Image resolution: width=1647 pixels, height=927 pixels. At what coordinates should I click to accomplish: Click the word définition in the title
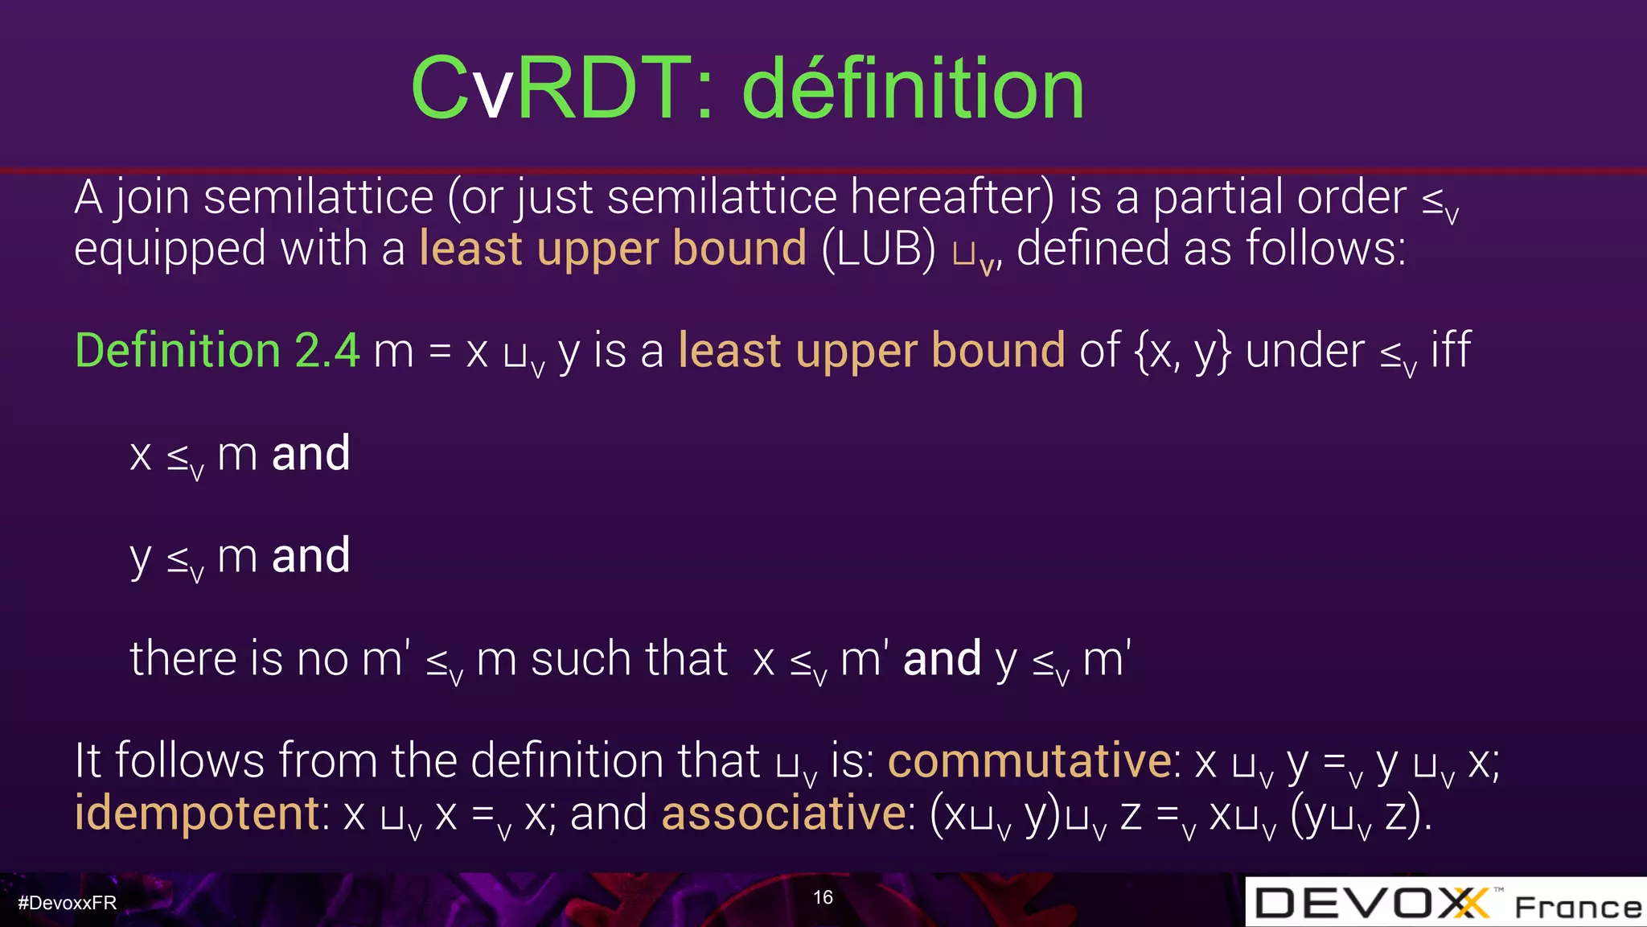[x=914, y=89]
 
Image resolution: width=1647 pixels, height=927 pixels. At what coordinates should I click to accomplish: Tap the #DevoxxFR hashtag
[x=68, y=903]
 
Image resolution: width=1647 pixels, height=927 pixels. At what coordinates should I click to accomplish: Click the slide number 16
[x=823, y=897]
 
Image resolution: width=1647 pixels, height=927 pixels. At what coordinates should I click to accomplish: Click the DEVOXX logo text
[x=1371, y=903]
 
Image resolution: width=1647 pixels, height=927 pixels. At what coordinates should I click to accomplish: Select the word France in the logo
[x=1577, y=908]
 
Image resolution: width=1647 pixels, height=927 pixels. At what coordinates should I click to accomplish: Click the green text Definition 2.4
[x=217, y=351]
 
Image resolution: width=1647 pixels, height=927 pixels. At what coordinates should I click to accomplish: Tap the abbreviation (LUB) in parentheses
[x=878, y=249]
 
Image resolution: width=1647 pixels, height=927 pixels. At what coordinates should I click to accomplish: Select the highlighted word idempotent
[x=198, y=813]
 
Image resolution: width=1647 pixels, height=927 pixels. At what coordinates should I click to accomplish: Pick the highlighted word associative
[x=784, y=813]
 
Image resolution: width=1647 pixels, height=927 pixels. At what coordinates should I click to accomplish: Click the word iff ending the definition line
[x=1450, y=351]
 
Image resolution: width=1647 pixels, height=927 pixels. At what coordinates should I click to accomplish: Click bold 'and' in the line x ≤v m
[x=311, y=454]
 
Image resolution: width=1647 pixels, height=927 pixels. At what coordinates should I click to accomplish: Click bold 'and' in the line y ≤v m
[x=311, y=556]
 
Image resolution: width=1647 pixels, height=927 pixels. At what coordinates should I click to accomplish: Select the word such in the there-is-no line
[x=577, y=659]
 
